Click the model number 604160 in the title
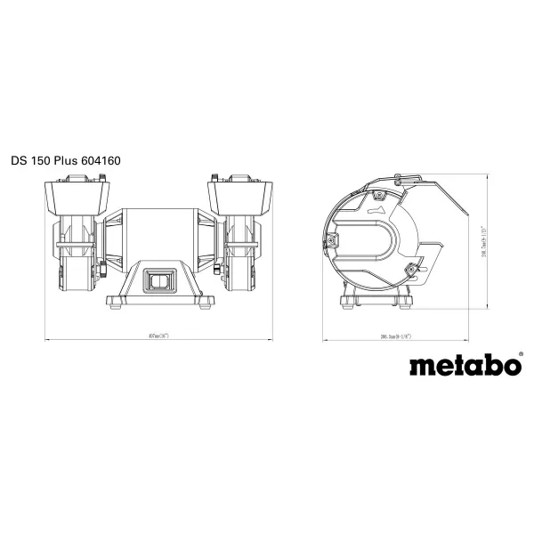click(x=99, y=161)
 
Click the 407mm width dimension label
click(x=161, y=336)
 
